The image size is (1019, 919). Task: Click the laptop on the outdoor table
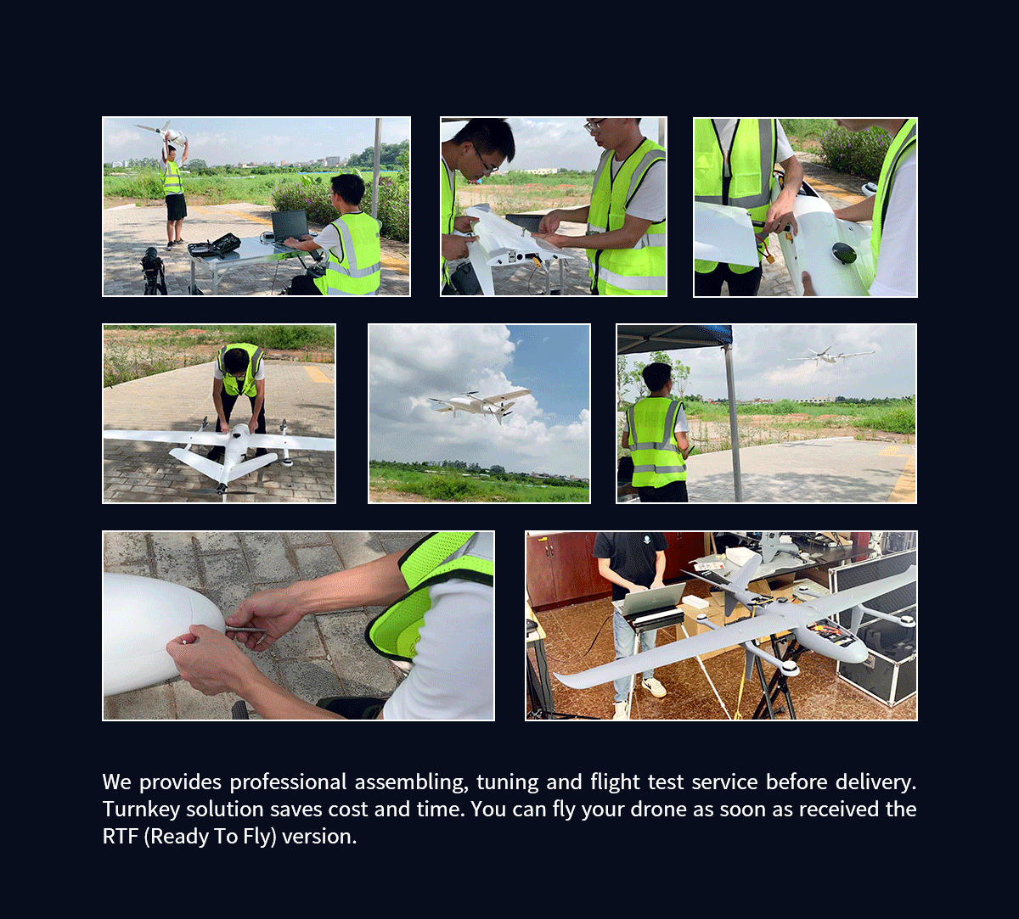pos(290,227)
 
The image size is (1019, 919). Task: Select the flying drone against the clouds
pos(481,403)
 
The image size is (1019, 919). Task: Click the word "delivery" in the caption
pos(876,782)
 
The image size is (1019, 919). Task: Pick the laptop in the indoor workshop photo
pos(654,601)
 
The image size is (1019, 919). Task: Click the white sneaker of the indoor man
pos(653,686)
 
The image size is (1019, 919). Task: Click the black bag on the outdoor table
pos(215,245)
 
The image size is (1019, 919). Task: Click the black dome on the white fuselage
pos(843,253)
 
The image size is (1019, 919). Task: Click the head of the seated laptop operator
pos(347,190)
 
